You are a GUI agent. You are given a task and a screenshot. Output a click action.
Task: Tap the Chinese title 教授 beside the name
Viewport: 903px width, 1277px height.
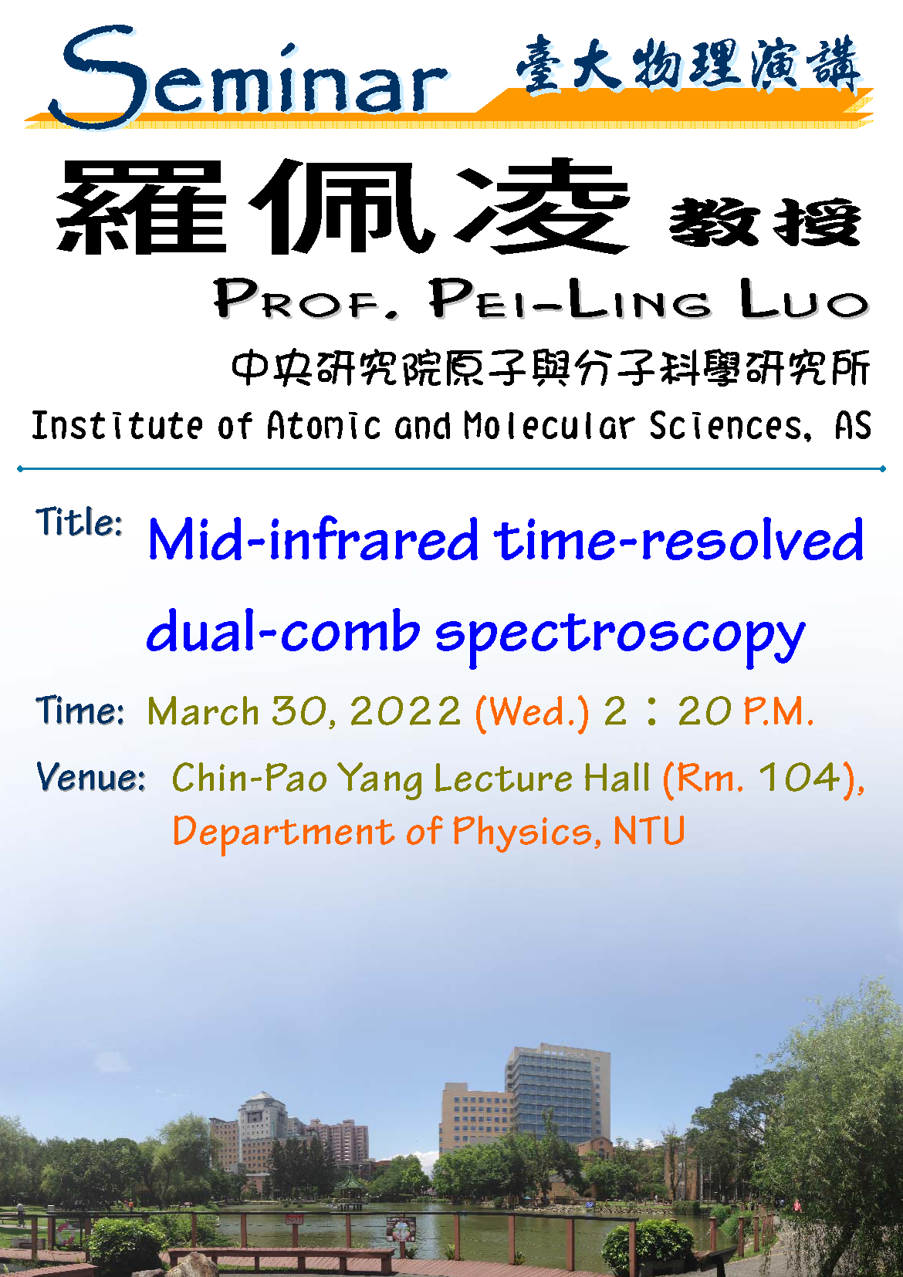pos(765,221)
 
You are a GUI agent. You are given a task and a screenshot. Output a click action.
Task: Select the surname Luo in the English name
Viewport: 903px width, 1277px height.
pos(803,299)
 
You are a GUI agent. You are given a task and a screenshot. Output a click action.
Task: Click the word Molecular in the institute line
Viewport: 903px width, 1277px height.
pos(548,425)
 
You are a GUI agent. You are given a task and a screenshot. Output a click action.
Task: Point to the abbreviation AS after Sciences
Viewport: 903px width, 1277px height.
pos(853,425)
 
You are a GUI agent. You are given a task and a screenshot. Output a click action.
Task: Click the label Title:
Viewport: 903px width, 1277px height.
pos(79,521)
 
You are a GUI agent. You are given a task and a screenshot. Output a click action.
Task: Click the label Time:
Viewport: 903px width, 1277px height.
pos(79,711)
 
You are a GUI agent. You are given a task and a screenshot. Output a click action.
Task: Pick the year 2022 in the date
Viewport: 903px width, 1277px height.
pos(405,711)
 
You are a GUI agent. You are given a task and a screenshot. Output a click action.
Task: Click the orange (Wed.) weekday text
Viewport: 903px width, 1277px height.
pos(531,713)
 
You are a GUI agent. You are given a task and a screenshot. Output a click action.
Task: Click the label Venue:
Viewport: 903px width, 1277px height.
pos(90,776)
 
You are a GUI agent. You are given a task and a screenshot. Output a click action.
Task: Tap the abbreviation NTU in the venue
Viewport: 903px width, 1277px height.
pos(649,830)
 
